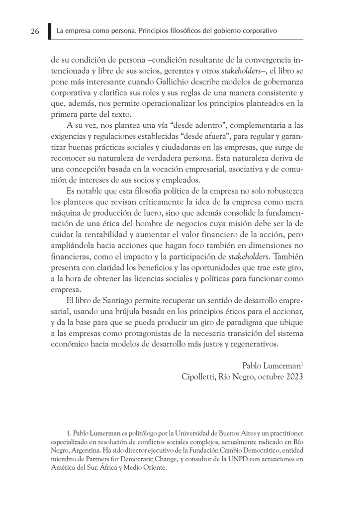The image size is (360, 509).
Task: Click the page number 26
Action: pyautogui.click(x=35, y=31)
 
